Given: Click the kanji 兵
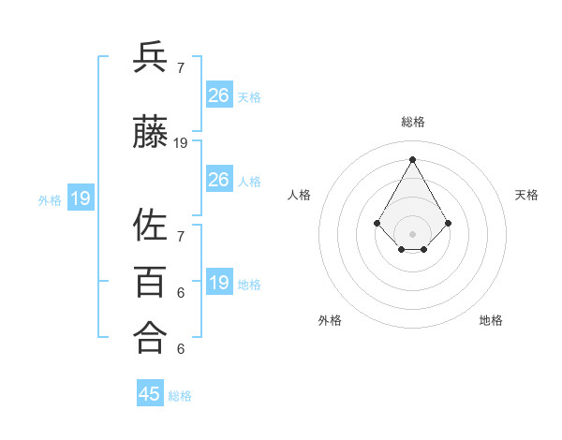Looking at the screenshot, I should click(x=150, y=58).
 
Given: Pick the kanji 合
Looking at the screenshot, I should click(x=150, y=337).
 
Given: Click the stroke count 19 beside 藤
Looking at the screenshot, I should click(x=181, y=142).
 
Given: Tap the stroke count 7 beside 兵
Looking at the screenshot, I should click(x=181, y=67).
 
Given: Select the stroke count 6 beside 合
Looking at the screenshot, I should click(x=181, y=348).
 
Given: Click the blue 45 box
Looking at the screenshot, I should click(x=150, y=394).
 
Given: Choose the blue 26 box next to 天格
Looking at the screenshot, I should click(x=218, y=95).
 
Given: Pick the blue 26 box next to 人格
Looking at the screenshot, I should click(x=218, y=180).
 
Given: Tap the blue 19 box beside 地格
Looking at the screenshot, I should click(x=218, y=283).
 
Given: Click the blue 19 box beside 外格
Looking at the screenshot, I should click(x=80, y=198).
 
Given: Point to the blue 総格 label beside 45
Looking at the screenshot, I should click(x=180, y=396).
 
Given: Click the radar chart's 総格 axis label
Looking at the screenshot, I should click(x=412, y=122).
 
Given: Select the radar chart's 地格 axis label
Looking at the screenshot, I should click(x=491, y=320).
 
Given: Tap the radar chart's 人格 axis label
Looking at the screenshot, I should click(x=299, y=195).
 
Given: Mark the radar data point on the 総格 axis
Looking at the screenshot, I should click(x=412, y=159).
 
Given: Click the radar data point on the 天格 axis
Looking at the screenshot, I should click(x=449, y=223).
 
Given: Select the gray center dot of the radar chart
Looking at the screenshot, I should click(x=412, y=233).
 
